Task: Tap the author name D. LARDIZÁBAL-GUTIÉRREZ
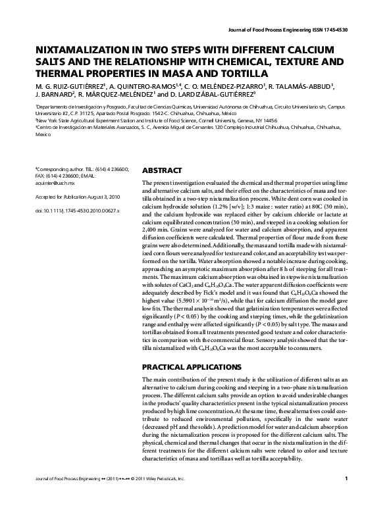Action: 206,95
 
